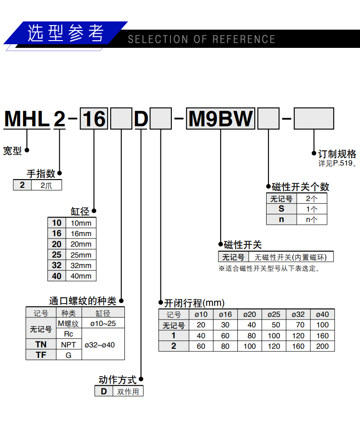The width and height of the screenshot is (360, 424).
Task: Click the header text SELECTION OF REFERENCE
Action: point(201,40)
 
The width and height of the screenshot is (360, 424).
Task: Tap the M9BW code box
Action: point(221,119)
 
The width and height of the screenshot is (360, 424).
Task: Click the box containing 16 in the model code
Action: point(94,120)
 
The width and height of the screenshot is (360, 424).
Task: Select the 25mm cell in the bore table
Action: point(81,255)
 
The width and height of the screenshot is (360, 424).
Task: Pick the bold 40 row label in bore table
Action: point(57,276)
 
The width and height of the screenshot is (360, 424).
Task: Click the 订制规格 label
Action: point(337,154)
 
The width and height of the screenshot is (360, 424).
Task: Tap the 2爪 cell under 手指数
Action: point(46,186)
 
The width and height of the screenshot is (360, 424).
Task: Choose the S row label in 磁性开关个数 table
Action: point(281,209)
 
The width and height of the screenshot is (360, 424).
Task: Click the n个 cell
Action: point(311,219)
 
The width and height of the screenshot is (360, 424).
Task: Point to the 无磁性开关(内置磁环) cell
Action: point(291,257)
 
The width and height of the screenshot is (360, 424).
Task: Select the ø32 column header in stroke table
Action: point(298,315)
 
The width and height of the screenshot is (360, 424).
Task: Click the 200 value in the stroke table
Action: point(322,346)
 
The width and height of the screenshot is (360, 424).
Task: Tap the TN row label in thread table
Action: point(41,344)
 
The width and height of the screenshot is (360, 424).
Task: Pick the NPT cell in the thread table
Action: point(69,344)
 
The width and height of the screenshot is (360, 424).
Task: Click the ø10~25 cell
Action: point(103,323)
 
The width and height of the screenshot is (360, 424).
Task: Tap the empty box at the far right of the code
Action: point(314,119)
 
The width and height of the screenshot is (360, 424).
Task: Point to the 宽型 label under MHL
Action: point(12,150)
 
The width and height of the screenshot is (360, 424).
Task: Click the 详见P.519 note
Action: point(337,163)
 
